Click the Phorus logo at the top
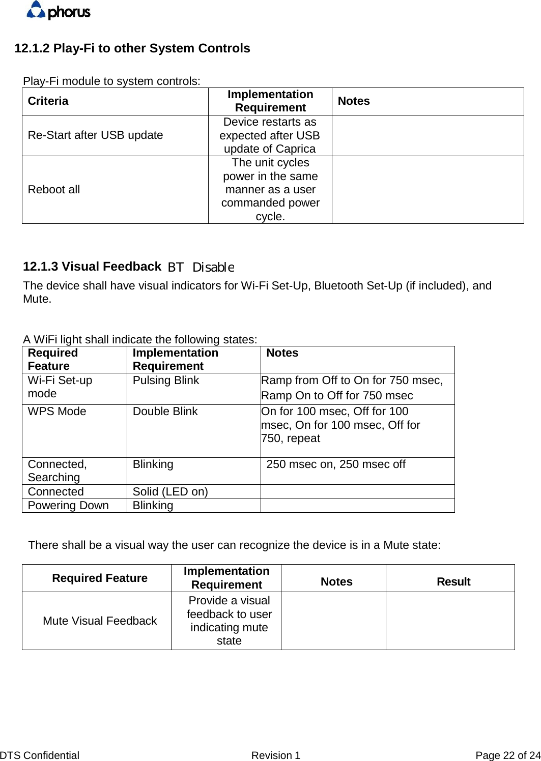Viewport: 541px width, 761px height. click(59, 10)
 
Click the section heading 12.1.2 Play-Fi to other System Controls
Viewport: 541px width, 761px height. click(132, 48)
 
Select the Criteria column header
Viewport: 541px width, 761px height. click(48, 101)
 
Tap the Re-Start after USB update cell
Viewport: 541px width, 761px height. click(95, 135)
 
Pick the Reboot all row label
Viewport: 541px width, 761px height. click(54, 190)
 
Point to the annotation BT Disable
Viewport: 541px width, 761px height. click(201, 267)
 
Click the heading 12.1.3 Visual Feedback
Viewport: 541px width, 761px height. click(92, 267)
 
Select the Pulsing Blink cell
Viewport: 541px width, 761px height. click(165, 380)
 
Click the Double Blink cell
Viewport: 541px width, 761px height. click(165, 412)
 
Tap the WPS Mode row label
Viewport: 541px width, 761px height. click(57, 412)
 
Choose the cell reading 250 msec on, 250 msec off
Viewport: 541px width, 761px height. click(336, 464)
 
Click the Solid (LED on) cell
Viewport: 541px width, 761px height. click(170, 492)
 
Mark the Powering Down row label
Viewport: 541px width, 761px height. click(68, 506)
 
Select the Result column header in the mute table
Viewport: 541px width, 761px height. click(453, 582)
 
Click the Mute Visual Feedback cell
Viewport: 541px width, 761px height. click(100, 621)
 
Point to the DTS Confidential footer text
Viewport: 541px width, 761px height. click(40, 755)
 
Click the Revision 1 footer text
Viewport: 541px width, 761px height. click(275, 755)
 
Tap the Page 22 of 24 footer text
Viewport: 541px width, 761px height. click(507, 755)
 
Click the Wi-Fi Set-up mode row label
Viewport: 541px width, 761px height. click(60, 387)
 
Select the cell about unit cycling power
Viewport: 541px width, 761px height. click(270, 190)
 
